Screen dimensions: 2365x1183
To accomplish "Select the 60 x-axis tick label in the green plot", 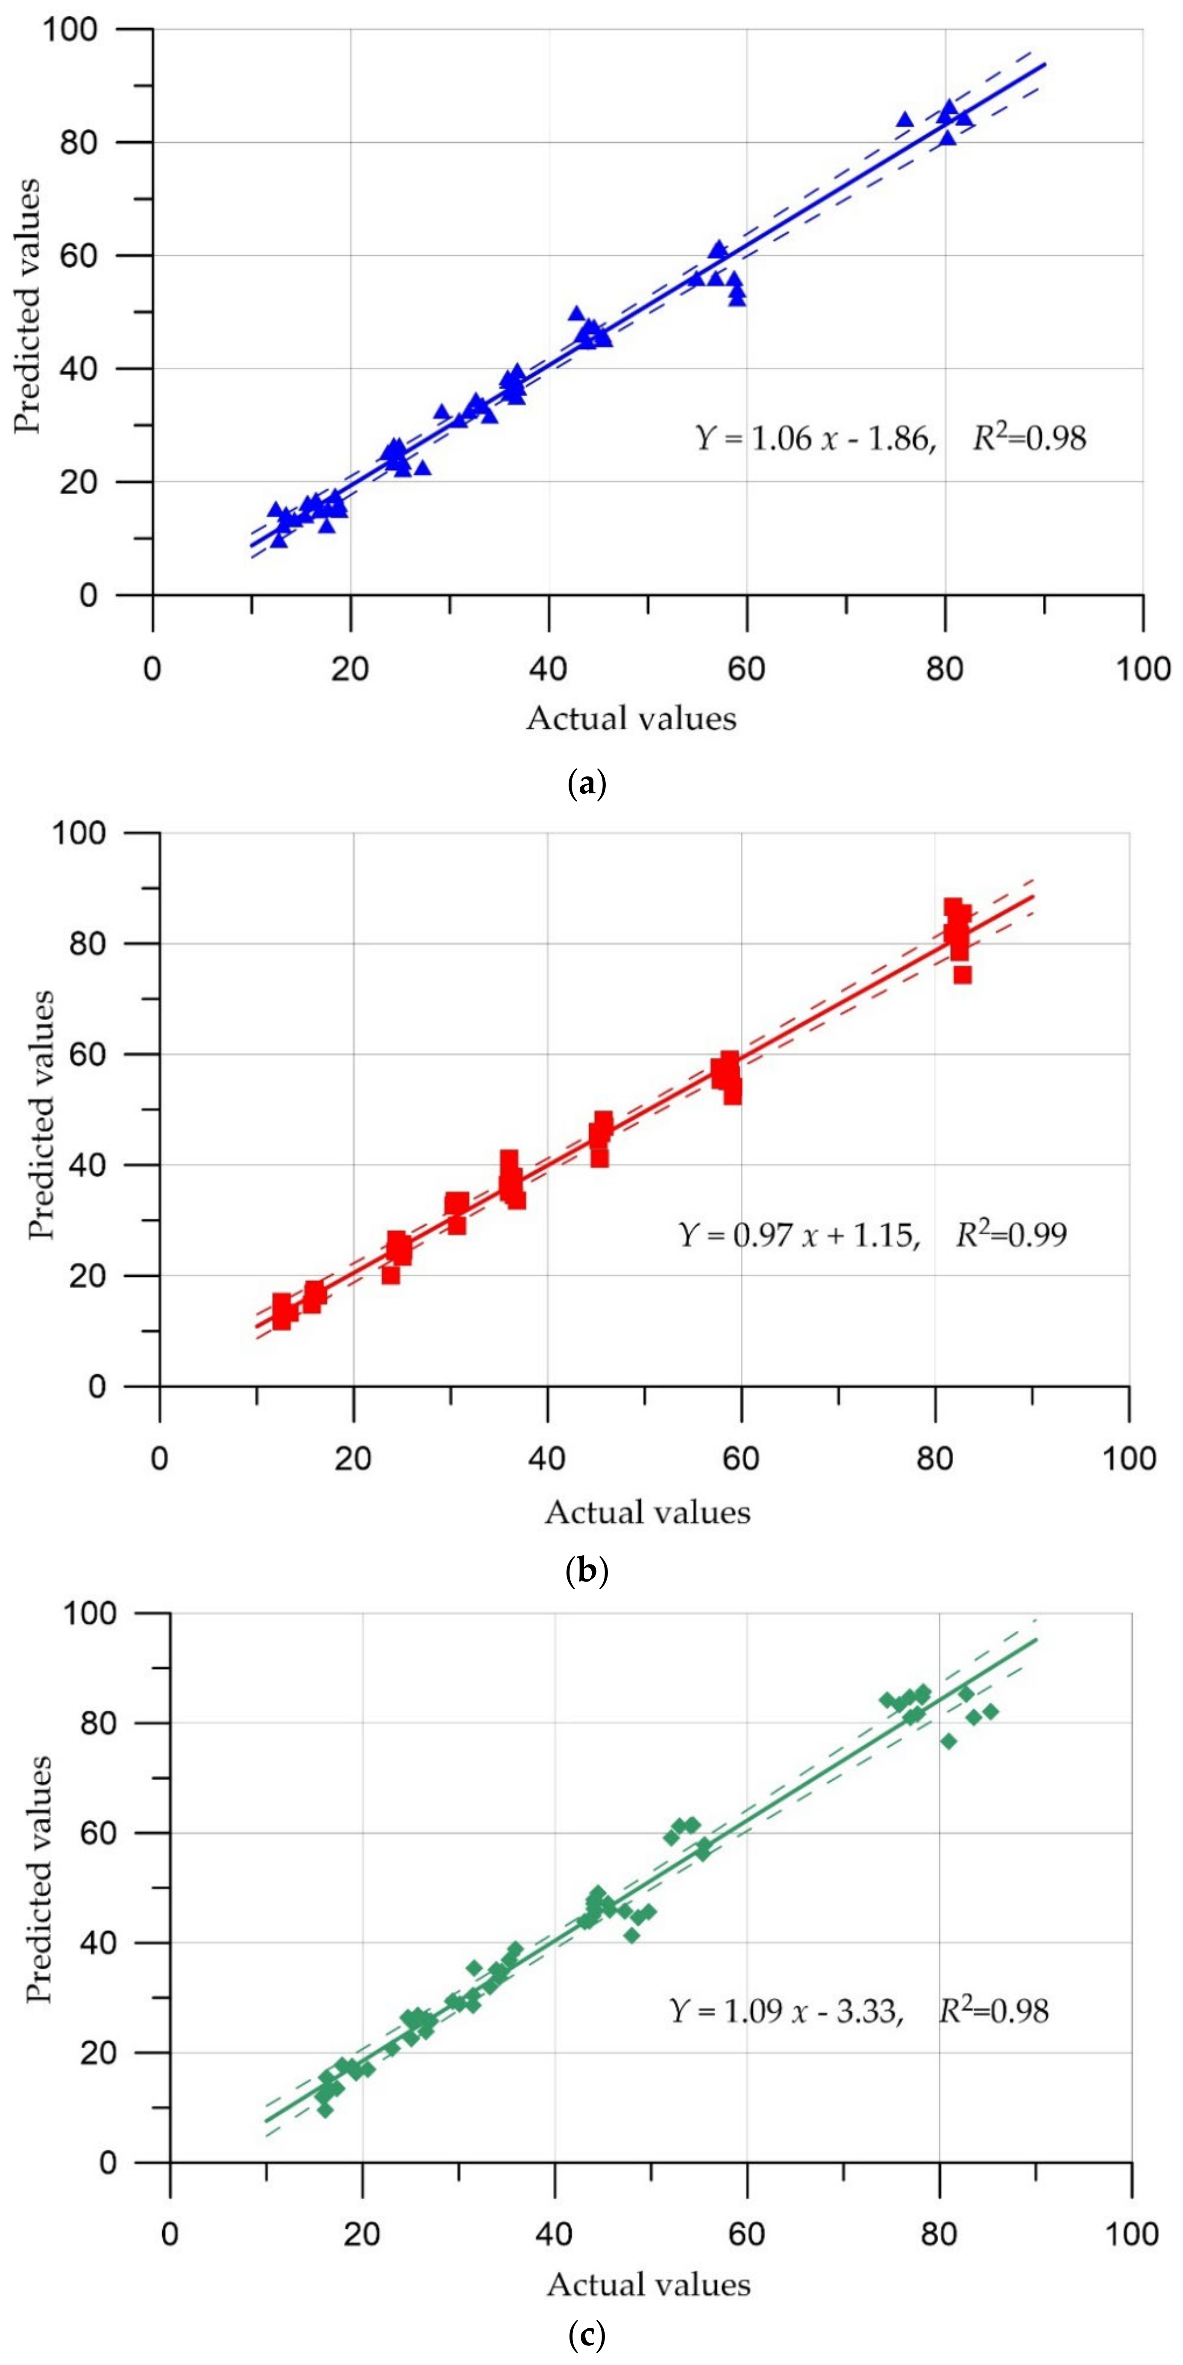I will [747, 2233].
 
